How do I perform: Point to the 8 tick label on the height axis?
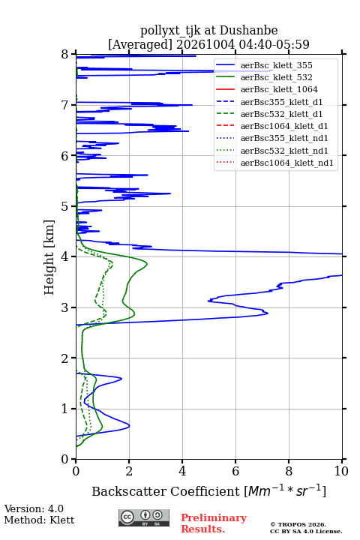coord(65,55)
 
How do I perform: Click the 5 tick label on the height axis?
coord(65,206)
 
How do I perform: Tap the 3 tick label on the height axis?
coord(65,307)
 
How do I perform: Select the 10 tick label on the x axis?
coord(341,471)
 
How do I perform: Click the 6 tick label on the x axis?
coord(235,471)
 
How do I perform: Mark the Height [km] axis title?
coord(49,257)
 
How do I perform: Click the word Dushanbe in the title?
coord(248,31)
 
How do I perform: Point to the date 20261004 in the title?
coord(206,44)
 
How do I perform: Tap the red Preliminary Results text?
coord(214,523)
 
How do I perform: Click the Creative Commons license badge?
coord(144,517)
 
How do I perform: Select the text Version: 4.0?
coord(34,508)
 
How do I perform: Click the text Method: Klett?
coord(39,520)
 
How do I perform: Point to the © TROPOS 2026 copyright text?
coord(298,524)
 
